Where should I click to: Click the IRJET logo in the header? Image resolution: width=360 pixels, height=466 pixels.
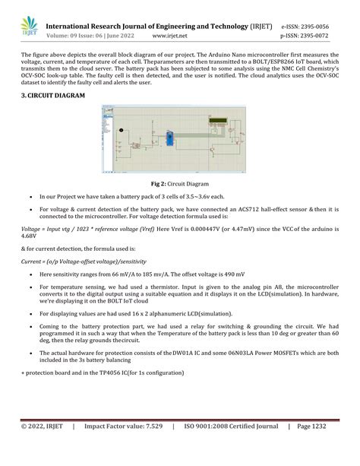point(28,27)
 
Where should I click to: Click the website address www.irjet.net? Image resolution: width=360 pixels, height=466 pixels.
point(171,35)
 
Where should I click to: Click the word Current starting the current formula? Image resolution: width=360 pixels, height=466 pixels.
point(32,260)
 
